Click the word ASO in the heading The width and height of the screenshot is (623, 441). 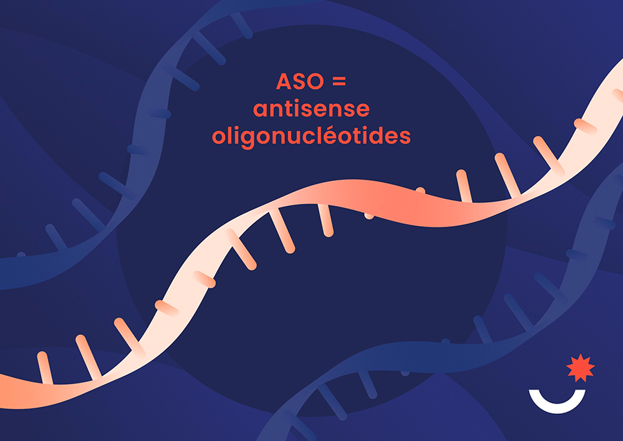(300, 81)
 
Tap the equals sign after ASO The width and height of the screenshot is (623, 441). (339, 82)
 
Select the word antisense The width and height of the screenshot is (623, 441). (311, 109)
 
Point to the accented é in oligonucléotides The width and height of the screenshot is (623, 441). (329, 135)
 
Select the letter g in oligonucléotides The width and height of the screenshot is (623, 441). (247, 139)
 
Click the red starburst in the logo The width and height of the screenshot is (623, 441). (581, 367)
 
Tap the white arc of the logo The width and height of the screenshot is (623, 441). (557, 408)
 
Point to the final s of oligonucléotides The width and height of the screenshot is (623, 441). (405, 137)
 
